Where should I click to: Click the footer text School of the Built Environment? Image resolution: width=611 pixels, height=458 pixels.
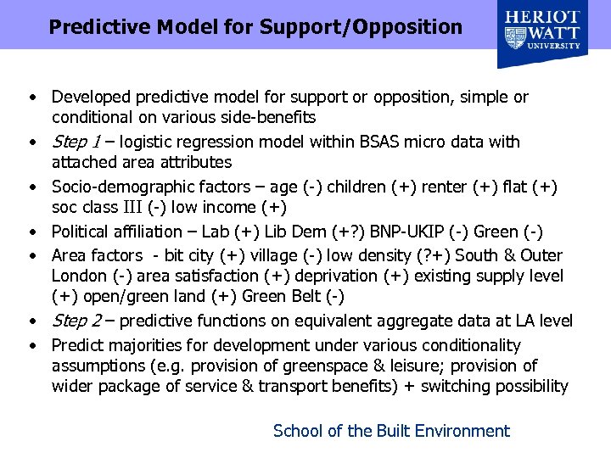391,431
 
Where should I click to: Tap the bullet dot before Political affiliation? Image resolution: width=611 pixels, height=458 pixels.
30,232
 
